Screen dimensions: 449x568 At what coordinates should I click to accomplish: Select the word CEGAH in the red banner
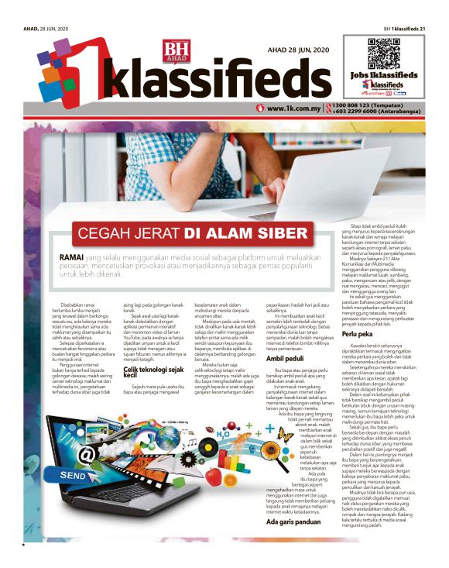click(x=105, y=233)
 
